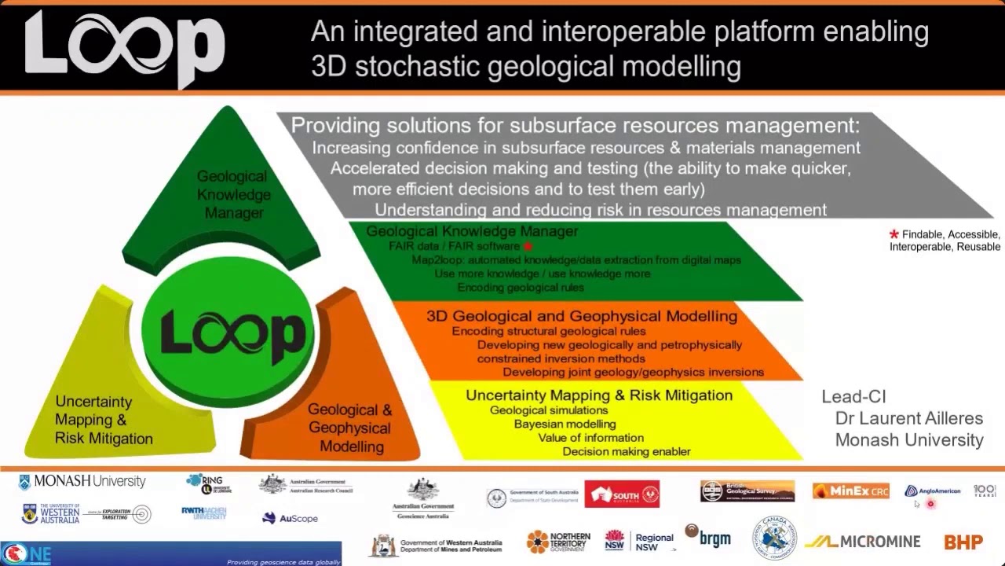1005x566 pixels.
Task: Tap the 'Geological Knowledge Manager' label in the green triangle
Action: [x=233, y=194]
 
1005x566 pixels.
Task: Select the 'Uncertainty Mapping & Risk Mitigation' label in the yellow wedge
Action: [x=104, y=420]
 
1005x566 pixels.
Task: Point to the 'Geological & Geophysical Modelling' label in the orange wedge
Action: [x=349, y=428]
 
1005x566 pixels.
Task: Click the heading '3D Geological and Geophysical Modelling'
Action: [x=582, y=316]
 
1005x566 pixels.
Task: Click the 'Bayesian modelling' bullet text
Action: [x=565, y=424]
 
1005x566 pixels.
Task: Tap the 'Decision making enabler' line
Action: [x=626, y=451]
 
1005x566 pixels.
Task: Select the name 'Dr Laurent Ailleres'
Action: [x=908, y=418]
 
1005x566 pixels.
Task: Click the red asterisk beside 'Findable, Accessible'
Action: [x=894, y=234]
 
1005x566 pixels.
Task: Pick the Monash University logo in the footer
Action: [x=82, y=481]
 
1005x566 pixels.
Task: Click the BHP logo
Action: [x=963, y=542]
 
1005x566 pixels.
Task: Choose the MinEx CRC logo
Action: [x=850, y=491]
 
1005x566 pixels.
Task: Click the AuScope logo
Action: [x=290, y=518]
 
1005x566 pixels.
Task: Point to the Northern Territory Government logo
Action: [x=558, y=542]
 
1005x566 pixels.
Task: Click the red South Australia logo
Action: [x=621, y=494]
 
